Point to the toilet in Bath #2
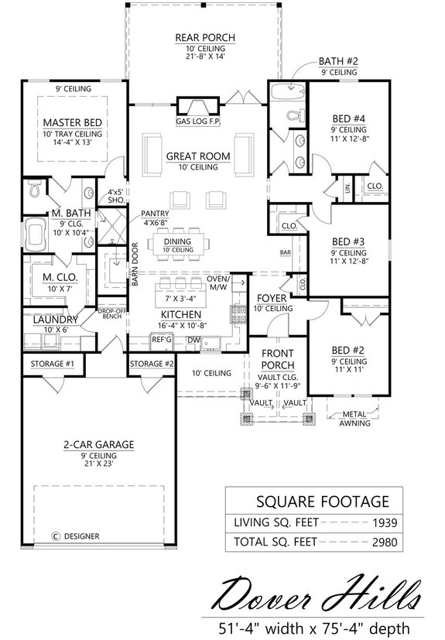tap(293, 116)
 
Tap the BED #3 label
tap(347, 241)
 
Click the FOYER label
tap(272, 297)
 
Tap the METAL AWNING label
tap(354, 419)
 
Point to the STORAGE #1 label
tap(52, 364)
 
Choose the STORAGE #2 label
tap(151, 364)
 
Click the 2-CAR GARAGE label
tap(98, 445)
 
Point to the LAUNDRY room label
tap(53, 319)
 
